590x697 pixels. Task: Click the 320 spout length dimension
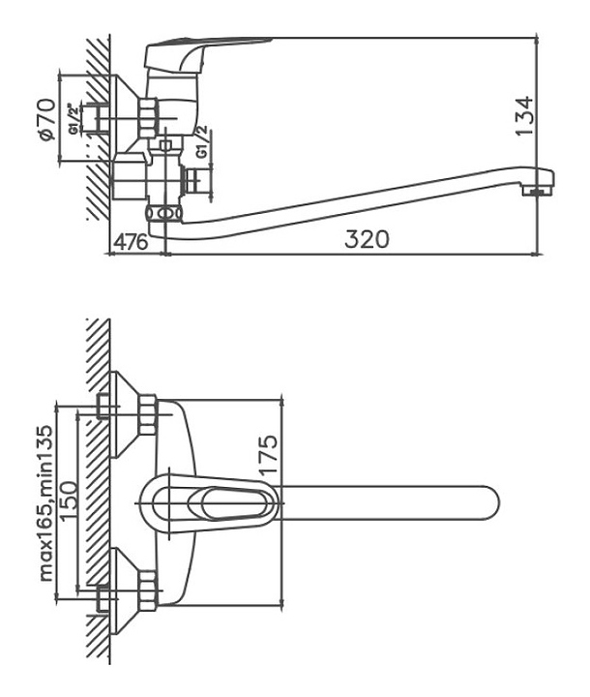pyautogui.click(x=367, y=239)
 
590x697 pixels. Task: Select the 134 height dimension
pyautogui.click(x=524, y=115)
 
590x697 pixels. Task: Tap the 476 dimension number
pyautogui.click(x=132, y=242)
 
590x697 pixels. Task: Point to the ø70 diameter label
pyautogui.click(x=48, y=119)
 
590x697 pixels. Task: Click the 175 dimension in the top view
pyautogui.click(x=268, y=455)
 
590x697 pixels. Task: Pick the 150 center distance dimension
pyautogui.click(x=69, y=500)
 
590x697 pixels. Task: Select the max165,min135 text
pyautogui.click(x=46, y=503)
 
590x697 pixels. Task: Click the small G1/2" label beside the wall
pyautogui.click(x=74, y=119)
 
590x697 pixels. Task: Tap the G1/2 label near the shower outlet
pyautogui.click(x=202, y=141)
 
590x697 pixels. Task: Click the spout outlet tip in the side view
pyautogui.click(x=538, y=191)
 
